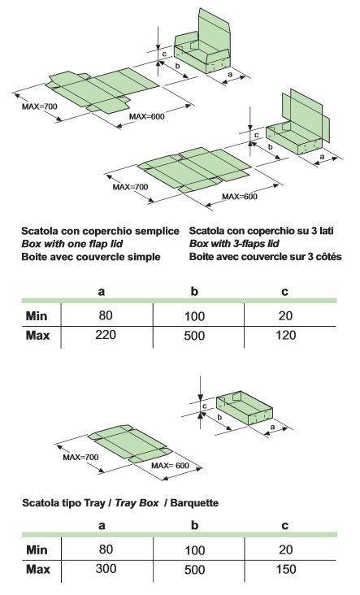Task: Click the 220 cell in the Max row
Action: tap(106, 335)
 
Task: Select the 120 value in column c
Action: tap(286, 335)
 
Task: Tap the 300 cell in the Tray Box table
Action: tap(106, 569)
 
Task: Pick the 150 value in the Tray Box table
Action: tap(286, 569)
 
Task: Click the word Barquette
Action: tap(194, 503)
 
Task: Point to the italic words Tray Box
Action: tap(137, 503)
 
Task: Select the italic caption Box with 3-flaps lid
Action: tap(234, 244)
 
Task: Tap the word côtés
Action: tap(330, 257)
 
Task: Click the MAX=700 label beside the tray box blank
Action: tap(80, 458)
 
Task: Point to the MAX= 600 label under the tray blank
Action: tap(170, 466)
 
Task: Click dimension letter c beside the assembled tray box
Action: tap(205, 406)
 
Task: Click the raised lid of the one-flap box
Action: tap(214, 31)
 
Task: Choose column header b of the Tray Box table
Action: tap(194, 526)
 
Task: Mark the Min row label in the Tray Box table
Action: tap(37, 549)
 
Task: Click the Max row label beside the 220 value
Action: tap(37, 336)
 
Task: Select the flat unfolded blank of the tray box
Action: tap(131, 444)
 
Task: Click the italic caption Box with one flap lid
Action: tap(72, 244)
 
